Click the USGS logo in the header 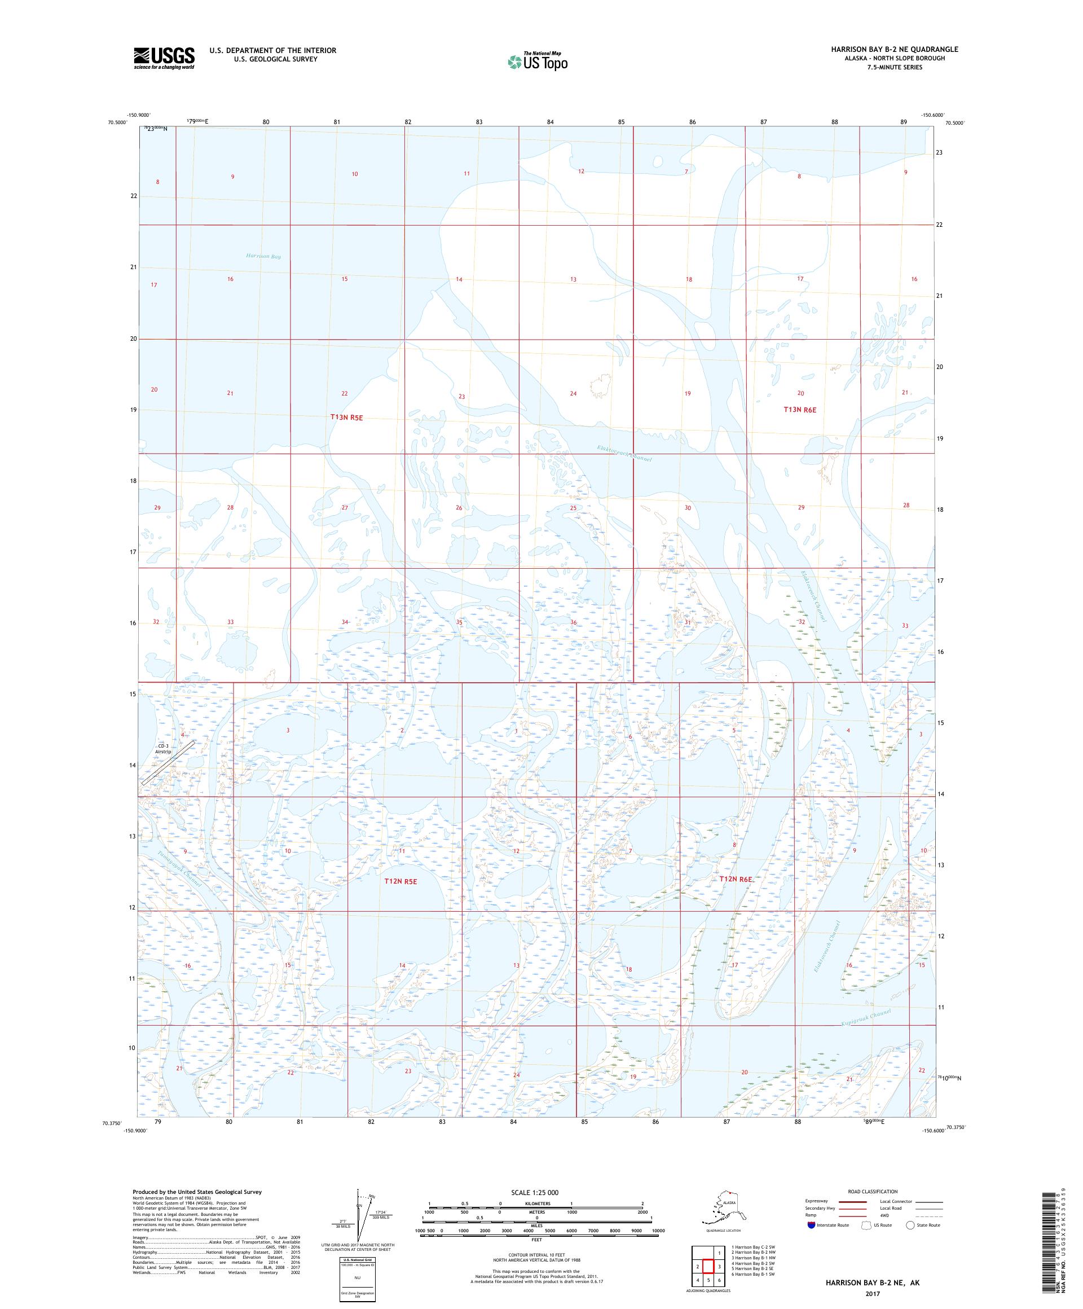pos(163,58)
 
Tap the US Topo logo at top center pos(537,61)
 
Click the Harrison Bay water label pos(263,256)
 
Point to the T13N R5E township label pos(346,418)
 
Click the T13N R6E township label pos(799,410)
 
